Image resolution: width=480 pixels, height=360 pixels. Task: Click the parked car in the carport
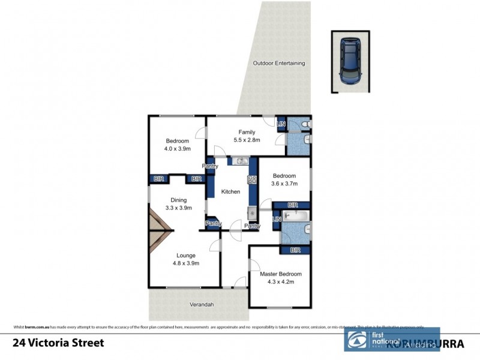pos(349,61)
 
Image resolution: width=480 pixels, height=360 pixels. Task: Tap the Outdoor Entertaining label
pos(279,63)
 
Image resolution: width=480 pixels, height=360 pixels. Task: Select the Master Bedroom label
pos(280,274)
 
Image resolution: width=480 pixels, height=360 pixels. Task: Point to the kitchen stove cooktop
pos(253,179)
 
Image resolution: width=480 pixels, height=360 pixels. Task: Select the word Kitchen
pos(230,192)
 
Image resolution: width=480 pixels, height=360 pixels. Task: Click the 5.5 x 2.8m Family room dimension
pos(247,140)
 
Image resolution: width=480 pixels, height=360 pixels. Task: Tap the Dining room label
pos(178,200)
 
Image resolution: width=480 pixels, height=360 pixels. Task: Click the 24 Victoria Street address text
pos(58,343)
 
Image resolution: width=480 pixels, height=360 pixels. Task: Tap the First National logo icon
pos(356,340)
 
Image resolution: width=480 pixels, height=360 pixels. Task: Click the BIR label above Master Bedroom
pos(295,250)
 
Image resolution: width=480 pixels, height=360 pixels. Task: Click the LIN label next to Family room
pos(281,124)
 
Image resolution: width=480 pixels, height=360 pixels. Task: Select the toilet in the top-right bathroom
pos(305,124)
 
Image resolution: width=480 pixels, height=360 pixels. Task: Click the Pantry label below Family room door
pos(209,166)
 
